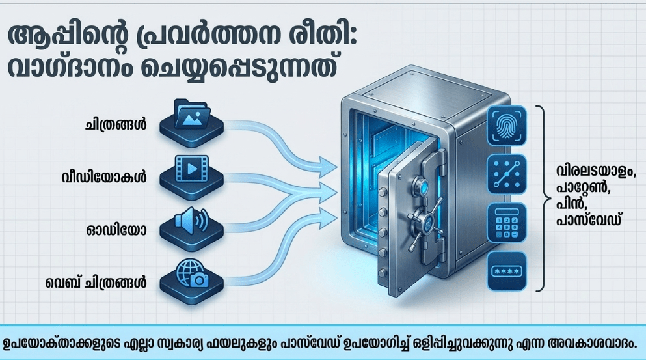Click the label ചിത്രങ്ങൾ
coord(116,125)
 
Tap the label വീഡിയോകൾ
coord(104,177)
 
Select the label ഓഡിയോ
coord(116,230)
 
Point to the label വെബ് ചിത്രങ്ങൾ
coord(96,283)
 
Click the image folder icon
coord(192,114)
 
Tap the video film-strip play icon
coord(191,168)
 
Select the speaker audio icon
coord(191,219)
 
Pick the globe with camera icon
coord(192,273)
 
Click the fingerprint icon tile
coord(507,126)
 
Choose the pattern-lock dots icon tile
coord(507,174)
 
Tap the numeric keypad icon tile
coord(507,223)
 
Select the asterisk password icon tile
coord(507,271)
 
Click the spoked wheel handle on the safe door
coord(425,223)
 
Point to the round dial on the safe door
coord(422,186)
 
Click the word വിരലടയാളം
coord(595,171)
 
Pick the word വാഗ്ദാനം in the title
coord(70,68)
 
